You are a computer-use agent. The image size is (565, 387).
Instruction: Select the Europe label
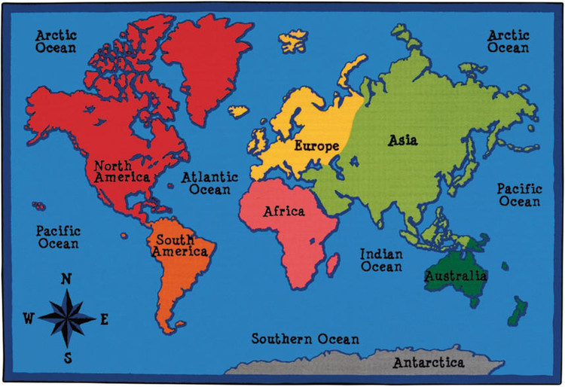[x=316, y=145]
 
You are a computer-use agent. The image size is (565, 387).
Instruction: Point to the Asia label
[x=403, y=140]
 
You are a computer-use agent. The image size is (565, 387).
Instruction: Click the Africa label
[x=284, y=212]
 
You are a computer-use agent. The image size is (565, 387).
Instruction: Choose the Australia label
[x=455, y=276]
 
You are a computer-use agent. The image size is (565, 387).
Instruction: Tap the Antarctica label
[x=429, y=363]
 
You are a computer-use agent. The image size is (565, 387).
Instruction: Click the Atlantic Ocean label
[x=209, y=184]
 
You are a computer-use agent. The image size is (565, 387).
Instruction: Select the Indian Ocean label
[x=381, y=261]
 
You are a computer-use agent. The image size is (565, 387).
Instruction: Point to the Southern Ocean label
[x=305, y=339]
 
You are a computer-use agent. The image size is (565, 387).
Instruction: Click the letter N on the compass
[x=66, y=279]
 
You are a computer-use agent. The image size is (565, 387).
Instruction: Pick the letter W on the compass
[x=28, y=318]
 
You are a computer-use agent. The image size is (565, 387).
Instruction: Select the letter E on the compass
[x=104, y=318]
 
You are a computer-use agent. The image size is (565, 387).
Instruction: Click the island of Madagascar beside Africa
[x=331, y=264]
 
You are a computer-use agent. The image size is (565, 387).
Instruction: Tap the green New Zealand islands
[x=517, y=309]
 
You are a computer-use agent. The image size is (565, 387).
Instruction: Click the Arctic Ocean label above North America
[x=56, y=41]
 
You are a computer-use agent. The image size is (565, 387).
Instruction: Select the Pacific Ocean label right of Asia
[x=519, y=195]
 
